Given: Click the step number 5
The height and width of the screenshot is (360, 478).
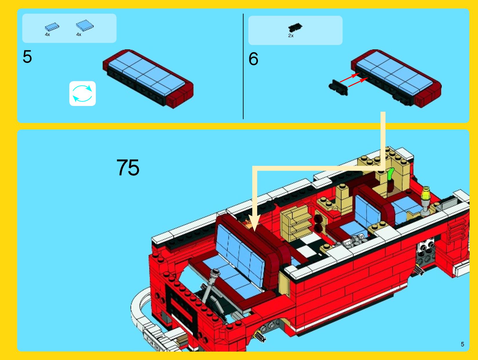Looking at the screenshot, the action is pos(27,57).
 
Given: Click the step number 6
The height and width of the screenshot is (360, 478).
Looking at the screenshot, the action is pos(253,59).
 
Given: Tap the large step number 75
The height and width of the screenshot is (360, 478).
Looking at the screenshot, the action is pos(128,167).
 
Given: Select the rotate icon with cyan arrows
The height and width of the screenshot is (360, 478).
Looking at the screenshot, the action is pos(82,93).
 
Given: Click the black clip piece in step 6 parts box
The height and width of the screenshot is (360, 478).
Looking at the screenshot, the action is pos(295,28).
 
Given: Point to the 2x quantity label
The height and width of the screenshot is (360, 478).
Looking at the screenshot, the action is pos(291,36).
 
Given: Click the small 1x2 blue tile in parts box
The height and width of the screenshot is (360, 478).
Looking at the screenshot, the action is pos(52,27).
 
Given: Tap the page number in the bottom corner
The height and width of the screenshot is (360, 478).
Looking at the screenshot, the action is pos(462,344).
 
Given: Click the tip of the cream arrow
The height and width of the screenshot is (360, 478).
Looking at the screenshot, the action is pos(255,231).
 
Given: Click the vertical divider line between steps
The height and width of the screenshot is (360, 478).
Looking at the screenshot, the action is pos(243,66).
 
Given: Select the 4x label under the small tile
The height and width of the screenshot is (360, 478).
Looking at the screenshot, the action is pos(48,35).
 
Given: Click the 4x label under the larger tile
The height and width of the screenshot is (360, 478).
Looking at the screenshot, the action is pos(79,35).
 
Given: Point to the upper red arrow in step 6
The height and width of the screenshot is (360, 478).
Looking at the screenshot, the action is pos(350,78).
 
